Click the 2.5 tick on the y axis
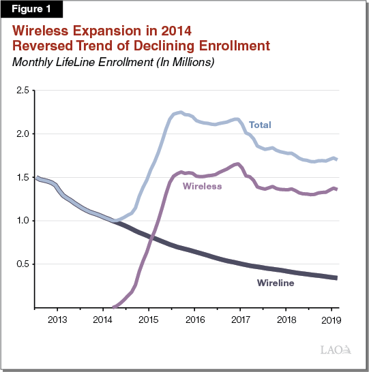22,90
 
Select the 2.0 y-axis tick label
22,134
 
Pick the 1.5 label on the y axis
22,177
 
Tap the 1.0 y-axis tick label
22,221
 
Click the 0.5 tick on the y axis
22,264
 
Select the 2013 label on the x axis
57,319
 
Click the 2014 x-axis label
102,319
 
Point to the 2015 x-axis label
149,319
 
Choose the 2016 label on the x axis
194,319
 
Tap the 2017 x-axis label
240,319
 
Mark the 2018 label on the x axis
286,319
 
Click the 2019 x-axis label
332,319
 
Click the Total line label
259,125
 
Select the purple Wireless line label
202,186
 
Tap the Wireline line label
275,282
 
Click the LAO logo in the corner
336,350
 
